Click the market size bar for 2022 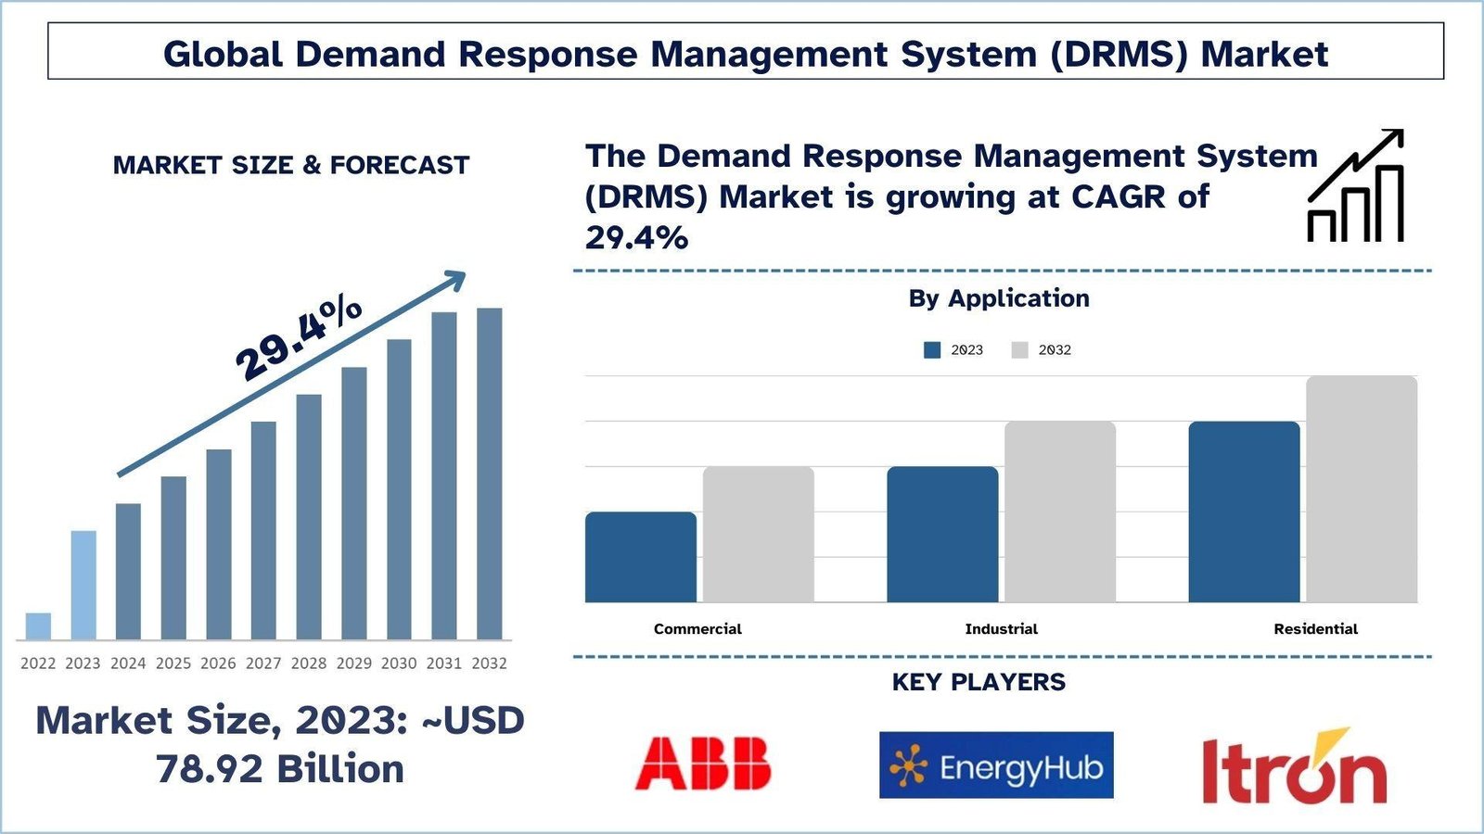point(38,626)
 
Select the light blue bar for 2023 point(83,585)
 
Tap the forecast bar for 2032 point(489,474)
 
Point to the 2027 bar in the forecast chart point(263,530)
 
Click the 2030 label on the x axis point(399,663)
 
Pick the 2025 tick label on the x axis point(173,663)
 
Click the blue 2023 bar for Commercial point(641,557)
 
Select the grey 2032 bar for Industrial point(1059,512)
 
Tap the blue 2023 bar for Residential point(1244,512)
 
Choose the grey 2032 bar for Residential point(1362,489)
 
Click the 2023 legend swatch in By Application point(932,350)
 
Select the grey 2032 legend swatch point(1020,350)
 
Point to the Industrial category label point(1001,629)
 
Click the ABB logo point(703,764)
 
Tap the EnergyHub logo point(996,765)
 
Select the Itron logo point(1294,767)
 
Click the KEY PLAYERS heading point(979,683)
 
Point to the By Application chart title point(999,298)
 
